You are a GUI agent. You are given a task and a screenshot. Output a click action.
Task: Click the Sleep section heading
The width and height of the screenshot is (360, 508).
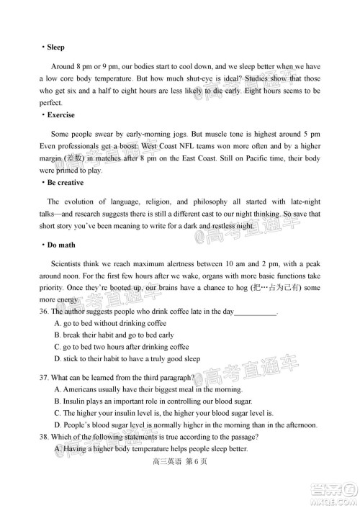tap(55, 47)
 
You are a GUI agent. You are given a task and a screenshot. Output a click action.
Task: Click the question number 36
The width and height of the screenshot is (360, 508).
tap(45, 313)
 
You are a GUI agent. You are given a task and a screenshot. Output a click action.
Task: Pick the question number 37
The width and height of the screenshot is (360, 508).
tap(45, 377)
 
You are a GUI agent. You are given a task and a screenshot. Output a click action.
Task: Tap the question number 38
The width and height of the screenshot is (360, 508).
tap(45, 437)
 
